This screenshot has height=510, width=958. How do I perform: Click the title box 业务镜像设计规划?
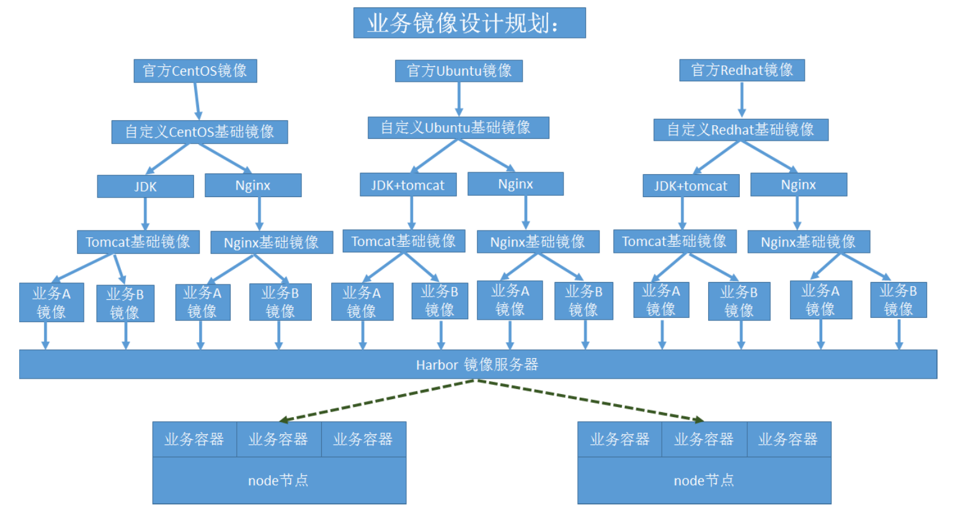coord(469,23)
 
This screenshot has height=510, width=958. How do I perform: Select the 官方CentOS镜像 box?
coord(195,71)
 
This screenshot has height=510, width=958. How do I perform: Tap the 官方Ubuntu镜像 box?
coord(459,71)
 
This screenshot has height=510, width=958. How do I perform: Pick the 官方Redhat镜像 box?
coord(742,70)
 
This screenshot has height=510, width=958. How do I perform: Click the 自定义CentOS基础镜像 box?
coord(199,132)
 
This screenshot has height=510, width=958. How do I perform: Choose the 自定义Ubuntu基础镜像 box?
coord(458,128)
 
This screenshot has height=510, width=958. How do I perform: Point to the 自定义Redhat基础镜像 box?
coord(740,130)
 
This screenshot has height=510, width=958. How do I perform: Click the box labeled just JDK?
coord(145,187)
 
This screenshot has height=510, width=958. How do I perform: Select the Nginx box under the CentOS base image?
coord(253,185)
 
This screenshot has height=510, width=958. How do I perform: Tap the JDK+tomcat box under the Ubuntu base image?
coord(408,185)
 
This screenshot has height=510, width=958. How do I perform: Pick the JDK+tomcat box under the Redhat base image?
coord(691,186)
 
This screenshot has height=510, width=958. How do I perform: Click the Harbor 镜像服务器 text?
coord(477,365)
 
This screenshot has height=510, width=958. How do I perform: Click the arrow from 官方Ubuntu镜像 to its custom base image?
coord(459,98)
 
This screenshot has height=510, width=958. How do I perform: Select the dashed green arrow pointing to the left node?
coord(378,400)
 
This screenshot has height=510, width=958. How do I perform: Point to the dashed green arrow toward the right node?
coord(589,400)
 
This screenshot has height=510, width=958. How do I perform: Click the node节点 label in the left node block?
coord(278,481)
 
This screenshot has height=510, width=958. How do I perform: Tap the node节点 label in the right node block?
coord(704,481)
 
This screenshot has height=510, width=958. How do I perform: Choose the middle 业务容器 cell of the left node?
coord(278,439)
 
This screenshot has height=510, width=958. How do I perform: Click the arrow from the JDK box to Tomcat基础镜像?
coord(145,213)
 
